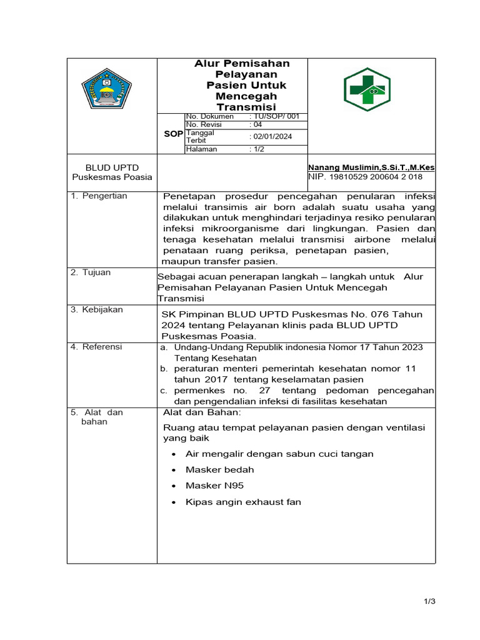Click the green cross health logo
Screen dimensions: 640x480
[367, 89]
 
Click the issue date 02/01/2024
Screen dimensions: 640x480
[271, 136]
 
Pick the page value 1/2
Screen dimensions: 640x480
[257, 149]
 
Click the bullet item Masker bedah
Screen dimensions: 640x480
[219, 469]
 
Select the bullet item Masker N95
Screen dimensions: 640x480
[214, 486]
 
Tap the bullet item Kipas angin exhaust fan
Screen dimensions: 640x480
[243, 502]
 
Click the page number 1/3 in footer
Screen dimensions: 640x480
[428, 601]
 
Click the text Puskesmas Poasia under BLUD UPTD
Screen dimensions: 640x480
[112, 177]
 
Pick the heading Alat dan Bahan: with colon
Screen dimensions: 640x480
[201, 412]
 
